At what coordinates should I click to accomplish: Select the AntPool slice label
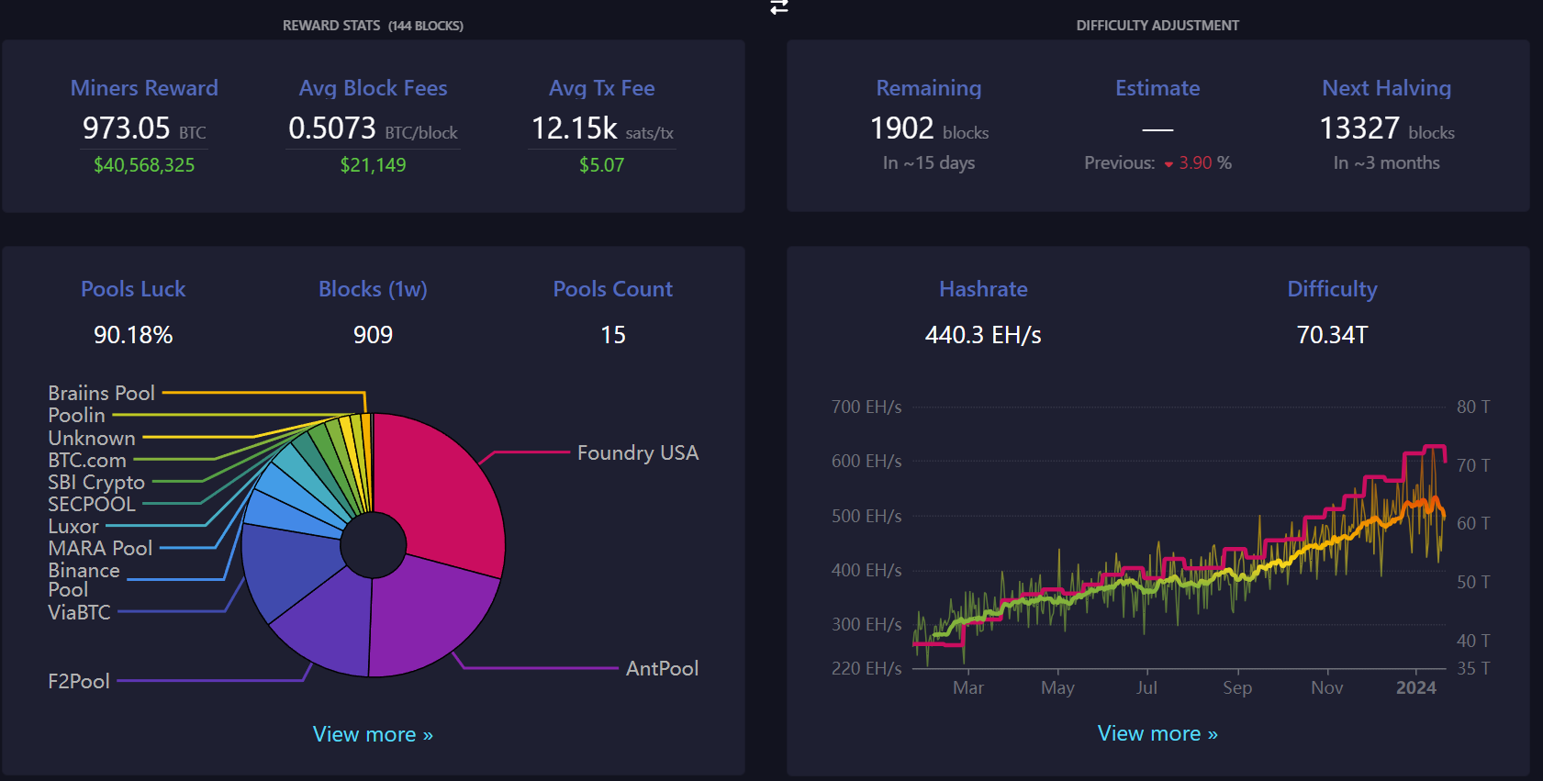click(662, 668)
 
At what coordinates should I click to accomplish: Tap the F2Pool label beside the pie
click(79, 681)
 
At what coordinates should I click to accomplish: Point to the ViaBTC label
click(79, 612)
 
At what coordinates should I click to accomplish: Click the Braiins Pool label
click(101, 393)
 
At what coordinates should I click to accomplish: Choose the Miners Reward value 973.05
click(126, 128)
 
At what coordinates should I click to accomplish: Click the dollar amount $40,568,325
click(144, 165)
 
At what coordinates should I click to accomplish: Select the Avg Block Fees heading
click(373, 88)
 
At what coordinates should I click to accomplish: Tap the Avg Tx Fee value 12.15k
click(575, 128)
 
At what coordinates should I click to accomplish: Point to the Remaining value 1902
click(901, 128)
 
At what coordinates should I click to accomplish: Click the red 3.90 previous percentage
click(1195, 163)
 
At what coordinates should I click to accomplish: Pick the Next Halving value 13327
click(1359, 128)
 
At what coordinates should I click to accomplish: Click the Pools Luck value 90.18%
click(133, 335)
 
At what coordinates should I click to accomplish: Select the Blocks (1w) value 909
click(373, 335)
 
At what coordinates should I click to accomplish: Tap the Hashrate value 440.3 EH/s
click(983, 335)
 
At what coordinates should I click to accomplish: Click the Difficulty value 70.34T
click(1332, 335)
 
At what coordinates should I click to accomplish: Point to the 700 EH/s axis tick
click(867, 407)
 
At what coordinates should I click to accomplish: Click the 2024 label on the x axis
click(1416, 687)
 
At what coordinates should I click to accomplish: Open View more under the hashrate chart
click(1157, 733)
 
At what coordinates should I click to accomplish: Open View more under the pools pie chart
click(373, 734)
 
